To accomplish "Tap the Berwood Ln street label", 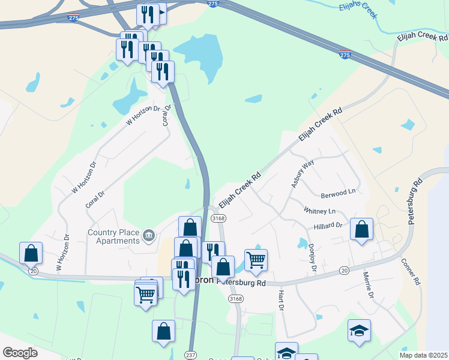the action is click(339, 193).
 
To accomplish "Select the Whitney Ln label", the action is click(319, 211).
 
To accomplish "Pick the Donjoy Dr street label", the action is click(312, 258).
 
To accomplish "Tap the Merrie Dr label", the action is click(368, 286).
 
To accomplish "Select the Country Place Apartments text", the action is click(113, 237).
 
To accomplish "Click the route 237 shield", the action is click(190, 355).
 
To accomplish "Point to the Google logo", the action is click(20, 353).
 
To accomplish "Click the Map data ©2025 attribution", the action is click(423, 355).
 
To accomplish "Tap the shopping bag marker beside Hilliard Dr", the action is click(361, 229).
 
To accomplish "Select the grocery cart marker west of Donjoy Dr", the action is click(256, 260).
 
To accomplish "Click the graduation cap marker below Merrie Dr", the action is click(359, 331).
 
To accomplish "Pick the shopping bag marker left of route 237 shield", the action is click(163, 331).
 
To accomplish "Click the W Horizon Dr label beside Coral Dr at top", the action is click(144, 115).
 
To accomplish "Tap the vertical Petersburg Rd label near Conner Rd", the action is click(415, 202).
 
